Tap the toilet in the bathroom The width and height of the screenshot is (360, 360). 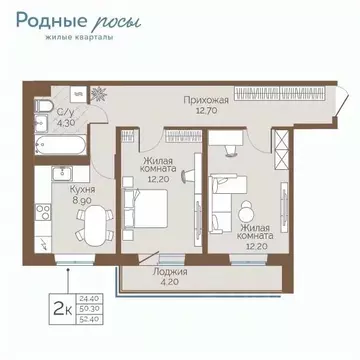(x=39, y=106)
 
